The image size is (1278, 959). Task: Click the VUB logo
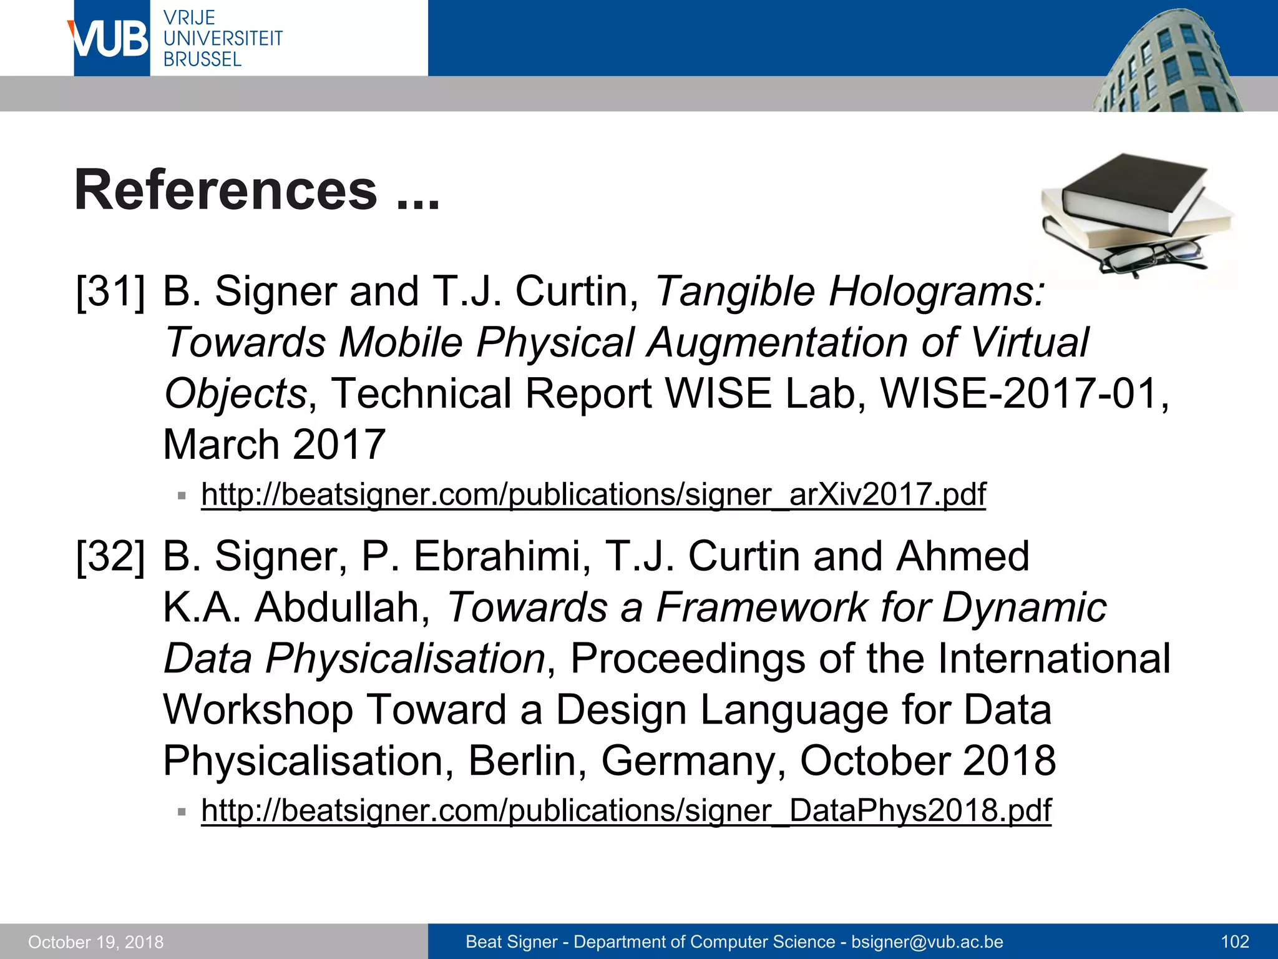coord(111,39)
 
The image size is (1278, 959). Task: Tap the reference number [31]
coord(110,292)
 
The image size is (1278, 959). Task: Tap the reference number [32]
coord(110,556)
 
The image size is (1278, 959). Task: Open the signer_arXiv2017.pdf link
coord(593,494)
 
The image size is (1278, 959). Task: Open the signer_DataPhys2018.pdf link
coord(626,810)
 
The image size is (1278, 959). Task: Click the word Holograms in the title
coord(936,292)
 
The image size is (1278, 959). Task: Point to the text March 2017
coord(274,445)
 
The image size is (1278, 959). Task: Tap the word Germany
coord(693,760)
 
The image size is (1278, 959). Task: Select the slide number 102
coord(1234,942)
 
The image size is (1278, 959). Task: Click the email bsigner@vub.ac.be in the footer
coord(927,942)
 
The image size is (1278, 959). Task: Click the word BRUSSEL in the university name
coord(202,60)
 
